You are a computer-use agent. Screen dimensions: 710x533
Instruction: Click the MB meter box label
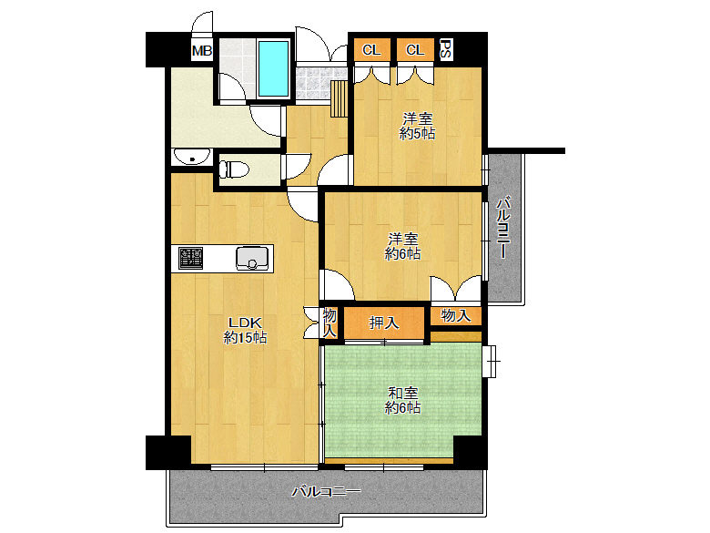tap(202, 51)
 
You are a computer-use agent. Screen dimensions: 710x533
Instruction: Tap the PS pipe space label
tap(445, 50)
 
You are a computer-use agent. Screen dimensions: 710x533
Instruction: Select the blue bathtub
tap(273, 68)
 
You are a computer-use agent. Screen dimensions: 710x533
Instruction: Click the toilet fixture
tap(234, 170)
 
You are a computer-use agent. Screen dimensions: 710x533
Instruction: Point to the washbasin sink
tap(190, 157)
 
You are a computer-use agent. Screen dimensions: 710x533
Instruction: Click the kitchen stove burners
tap(190, 258)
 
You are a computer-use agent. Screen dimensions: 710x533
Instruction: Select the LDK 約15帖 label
tap(245, 331)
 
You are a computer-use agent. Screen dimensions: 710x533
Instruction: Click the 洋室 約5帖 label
tap(418, 127)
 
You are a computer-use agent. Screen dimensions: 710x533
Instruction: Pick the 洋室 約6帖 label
tap(402, 246)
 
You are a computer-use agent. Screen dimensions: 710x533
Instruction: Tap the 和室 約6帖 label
tap(402, 400)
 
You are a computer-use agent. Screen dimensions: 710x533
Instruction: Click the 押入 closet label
tap(384, 323)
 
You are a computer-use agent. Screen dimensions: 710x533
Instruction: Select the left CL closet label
tap(371, 50)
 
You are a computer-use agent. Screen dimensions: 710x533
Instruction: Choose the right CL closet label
tap(415, 50)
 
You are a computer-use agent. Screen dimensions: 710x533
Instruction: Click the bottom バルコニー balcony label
tap(326, 491)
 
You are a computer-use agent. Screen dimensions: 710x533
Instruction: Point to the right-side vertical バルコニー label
tap(504, 227)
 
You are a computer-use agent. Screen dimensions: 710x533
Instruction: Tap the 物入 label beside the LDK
tap(330, 323)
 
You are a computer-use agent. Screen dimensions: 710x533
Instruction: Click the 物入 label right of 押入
tap(455, 315)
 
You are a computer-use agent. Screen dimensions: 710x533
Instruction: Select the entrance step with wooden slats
tap(339, 98)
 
